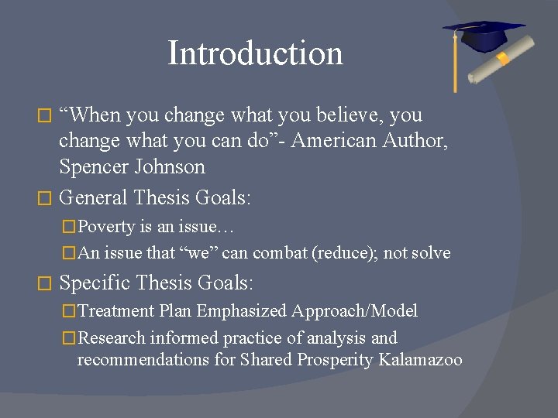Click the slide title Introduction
point(255,53)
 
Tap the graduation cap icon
point(484,35)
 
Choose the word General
point(93,198)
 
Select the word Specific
point(94,283)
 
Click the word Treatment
point(116,311)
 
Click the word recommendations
point(137,360)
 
